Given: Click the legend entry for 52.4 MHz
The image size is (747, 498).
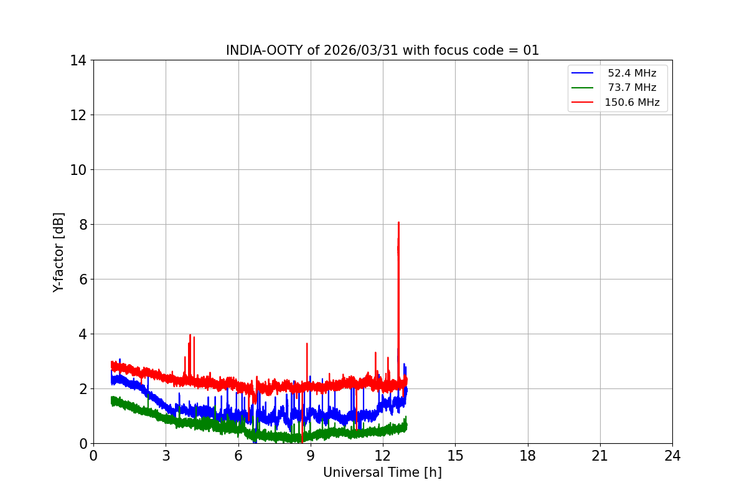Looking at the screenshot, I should click(x=631, y=73).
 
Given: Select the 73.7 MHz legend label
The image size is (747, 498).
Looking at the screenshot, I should click(x=631, y=88).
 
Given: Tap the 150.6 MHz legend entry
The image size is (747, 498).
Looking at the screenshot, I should click(x=631, y=102).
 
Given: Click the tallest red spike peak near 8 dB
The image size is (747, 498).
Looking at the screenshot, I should click(x=398, y=222).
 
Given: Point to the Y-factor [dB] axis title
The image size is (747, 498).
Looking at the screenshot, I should click(x=59, y=251).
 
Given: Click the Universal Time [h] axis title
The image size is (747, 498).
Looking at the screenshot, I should click(x=382, y=472).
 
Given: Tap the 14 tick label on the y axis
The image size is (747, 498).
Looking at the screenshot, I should click(x=78, y=60).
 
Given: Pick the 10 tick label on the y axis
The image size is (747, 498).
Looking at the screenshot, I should click(x=78, y=170).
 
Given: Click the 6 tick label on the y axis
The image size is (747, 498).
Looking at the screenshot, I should click(x=82, y=279).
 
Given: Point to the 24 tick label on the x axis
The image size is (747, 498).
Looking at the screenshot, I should click(x=672, y=456).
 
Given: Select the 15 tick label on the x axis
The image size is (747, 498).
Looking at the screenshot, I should click(x=455, y=456).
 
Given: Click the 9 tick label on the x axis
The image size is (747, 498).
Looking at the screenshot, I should click(x=311, y=456).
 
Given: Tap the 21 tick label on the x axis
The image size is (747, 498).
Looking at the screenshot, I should click(x=600, y=456).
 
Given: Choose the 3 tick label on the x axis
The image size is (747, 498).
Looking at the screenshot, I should click(x=166, y=456).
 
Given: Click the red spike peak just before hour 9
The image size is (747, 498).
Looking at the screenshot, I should click(x=307, y=344).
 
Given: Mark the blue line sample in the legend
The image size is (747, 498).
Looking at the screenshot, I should click(x=583, y=73).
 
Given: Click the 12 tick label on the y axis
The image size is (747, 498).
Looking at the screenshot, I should click(x=78, y=115).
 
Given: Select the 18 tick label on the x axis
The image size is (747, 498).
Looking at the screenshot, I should click(x=528, y=456).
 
